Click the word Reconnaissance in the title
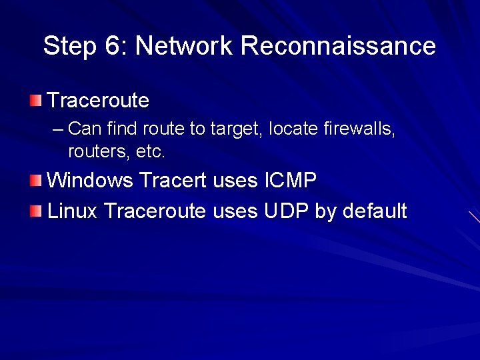(x=338, y=46)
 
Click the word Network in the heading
(x=183, y=46)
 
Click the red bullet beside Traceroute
(x=35, y=101)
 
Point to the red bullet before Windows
(x=35, y=180)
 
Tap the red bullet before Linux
(x=35, y=211)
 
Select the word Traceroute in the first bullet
(x=99, y=101)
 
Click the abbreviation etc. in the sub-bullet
(x=150, y=152)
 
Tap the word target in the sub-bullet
(x=237, y=129)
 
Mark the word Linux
(x=73, y=211)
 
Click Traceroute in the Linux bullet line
(x=155, y=211)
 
